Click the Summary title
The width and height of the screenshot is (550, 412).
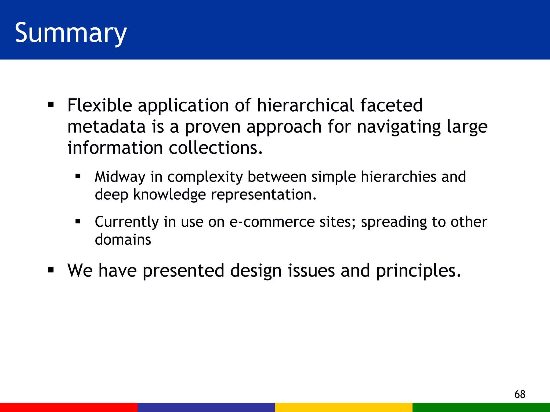click(x=71, y=33)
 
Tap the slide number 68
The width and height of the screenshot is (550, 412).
click(x=520, y=394)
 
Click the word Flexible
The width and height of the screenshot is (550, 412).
click(x=100, y=105)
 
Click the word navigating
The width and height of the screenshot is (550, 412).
click(x=399, y=127)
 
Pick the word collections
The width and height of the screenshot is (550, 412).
click(x=216, y=148)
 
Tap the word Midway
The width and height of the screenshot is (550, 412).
click(x=120, y=177)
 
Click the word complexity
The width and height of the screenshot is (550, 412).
click(x=205, y=177)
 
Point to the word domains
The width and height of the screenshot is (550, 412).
click(x=123, y=239)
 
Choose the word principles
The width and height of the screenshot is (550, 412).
click(x=418, y=271)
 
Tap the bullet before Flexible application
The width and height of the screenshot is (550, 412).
click(x=51, y=105)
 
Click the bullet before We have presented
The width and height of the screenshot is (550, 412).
click(x=51, y=270)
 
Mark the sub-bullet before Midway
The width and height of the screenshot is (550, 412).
click(x=78, y=176)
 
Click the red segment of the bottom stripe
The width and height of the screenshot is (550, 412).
click(x=69, y=407)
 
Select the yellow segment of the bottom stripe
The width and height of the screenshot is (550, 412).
click(x=344, y=407)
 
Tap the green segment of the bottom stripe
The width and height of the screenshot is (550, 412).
click(x=481, y=407)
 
